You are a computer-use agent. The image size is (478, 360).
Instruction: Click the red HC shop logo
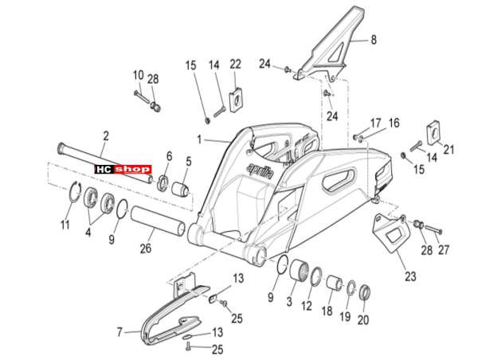click(123, 169)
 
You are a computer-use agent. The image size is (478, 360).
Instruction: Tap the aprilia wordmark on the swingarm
click(260, 171)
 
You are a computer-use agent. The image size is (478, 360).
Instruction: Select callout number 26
click(146, 248)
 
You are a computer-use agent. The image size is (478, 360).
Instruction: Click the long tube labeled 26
click(158, 221)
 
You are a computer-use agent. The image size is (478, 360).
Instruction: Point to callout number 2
click(106, 136)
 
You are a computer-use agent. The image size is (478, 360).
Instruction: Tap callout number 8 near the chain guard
click(374, 40)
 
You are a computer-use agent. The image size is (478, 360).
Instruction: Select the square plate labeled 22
click(236, 96)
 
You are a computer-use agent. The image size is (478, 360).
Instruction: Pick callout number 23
click(410, 276)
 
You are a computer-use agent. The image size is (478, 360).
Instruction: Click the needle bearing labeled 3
click(299, 270)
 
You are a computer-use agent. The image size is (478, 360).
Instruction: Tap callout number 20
click(362, 319)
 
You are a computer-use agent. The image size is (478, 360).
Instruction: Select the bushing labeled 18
click(335, 283)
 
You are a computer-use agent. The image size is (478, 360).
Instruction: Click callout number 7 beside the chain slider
click(119, 331)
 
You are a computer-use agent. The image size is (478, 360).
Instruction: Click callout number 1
click(199, 140)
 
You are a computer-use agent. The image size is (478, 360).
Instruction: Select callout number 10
click(139, 75)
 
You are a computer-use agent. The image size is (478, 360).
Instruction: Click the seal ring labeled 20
click(364, 292)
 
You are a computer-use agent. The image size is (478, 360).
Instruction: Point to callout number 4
click(88, 233)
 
